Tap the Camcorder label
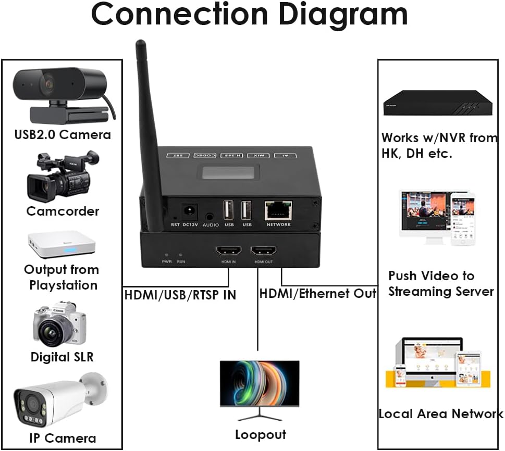63,211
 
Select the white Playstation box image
61,244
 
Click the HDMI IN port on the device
228,250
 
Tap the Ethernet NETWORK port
278,210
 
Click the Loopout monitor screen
259,383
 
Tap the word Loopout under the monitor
260,434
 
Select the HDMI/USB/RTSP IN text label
180,295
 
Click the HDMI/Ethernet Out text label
318,294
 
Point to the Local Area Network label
440,414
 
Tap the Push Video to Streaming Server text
440,283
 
